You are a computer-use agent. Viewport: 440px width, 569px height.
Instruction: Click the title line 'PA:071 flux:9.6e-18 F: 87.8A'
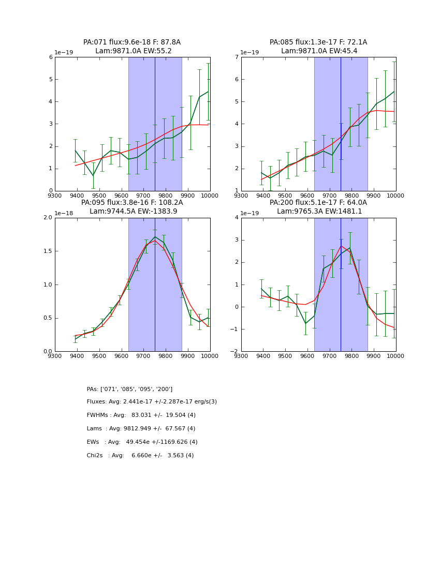pyautogui.click(x=132, y=42)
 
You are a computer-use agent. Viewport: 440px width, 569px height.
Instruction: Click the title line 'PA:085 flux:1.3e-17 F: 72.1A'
pyautogui.click(x=318, y=42)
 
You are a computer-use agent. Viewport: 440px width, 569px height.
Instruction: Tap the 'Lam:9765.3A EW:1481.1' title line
pyautogui.click(x=319, y=211)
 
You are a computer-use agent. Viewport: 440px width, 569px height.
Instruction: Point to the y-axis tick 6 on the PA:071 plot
pyautogui.click(x=51, y=57)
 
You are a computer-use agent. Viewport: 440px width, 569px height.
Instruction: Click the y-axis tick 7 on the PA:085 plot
pyautogui.click(x=237, y=57)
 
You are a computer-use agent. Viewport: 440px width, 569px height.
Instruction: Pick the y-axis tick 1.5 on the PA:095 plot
pyautogui.click(x=48, y=251)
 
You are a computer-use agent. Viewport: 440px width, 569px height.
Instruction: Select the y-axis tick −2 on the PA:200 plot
pyautogui.click(x=236, y=352)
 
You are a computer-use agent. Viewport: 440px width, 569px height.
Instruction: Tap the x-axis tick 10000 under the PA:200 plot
pyautogui.click(x=395, y=355)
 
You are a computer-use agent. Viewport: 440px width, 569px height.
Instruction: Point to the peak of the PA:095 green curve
pyautogui.click(x=155, y=236)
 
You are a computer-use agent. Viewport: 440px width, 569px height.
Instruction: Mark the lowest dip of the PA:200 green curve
pyautogui.click(x=305, y=323)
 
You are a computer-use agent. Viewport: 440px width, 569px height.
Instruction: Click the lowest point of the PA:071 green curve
pyautogui.click(x=93, y=176)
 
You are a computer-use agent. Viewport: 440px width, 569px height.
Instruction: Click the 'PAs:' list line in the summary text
pyautogui.click(x=129, y=389)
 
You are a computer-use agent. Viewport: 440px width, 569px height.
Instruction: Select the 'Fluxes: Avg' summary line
pyautogui.click(x=152, y=402)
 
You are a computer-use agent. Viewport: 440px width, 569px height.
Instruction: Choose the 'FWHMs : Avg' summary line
pyautogui.click(x=141, y=415)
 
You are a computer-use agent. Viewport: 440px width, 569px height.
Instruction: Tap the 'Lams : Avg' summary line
pyautogui.click(x=141, y=429)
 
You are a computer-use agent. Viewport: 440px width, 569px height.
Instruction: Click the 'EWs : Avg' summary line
pyautogui.click(x=142, y=442)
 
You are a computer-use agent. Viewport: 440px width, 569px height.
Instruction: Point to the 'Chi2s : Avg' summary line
pyautogui.click(x=140, y=456)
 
